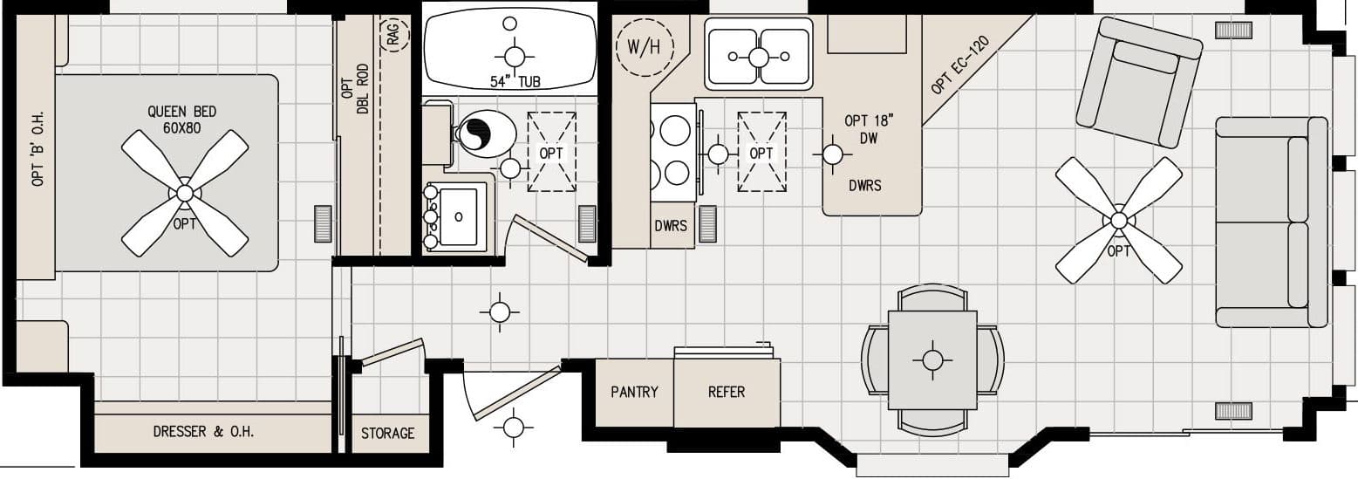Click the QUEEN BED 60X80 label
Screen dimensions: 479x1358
(181, 119)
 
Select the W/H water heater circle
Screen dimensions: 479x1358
(644, 46)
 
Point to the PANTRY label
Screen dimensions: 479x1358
(634, 393)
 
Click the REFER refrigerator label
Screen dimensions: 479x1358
(726, 393)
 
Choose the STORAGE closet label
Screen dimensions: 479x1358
(388, 434)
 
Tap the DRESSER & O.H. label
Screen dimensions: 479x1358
(204, 431)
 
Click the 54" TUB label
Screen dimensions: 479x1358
(515, 82)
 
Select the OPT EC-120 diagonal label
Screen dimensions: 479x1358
(959, 66)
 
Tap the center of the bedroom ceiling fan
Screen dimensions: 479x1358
(184, 193)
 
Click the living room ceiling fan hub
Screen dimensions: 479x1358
(1118, 220)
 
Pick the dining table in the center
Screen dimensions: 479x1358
(932, 359)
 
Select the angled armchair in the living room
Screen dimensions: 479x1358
(1139, 84)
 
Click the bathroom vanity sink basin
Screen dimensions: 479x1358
(458, 216)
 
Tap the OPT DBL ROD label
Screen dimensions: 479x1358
(353, 88)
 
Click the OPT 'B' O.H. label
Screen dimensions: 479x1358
(38, 148)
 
